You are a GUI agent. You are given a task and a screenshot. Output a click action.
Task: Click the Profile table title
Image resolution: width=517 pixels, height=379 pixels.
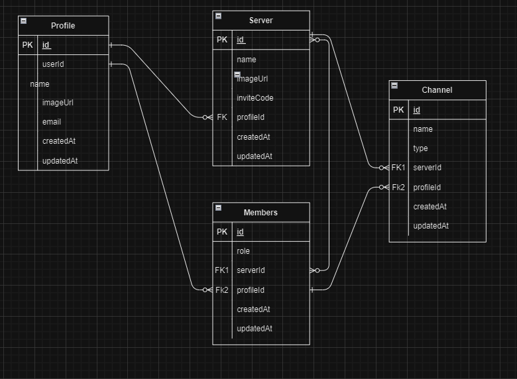click(x=63, y=26)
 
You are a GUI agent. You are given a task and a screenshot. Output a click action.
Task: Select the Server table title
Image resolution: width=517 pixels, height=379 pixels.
click(x=260, y=21)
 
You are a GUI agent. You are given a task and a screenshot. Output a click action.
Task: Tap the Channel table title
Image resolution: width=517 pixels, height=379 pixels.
click(x=437, y=90)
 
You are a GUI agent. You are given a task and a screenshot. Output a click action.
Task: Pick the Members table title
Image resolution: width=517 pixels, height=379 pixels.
click(x=260, y=213)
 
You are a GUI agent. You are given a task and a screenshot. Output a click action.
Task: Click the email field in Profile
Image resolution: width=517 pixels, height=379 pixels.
click(x=52, y=122)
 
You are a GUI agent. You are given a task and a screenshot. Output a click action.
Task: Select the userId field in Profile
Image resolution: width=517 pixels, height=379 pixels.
click(x=53, y=64)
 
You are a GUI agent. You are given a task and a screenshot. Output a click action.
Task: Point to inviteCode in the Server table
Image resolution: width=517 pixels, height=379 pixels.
click(x=255, y=98)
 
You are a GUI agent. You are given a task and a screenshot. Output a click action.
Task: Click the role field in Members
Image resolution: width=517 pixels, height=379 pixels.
click(x=243, y=251)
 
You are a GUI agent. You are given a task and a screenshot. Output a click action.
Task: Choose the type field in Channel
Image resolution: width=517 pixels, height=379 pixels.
click(x=420, y=148)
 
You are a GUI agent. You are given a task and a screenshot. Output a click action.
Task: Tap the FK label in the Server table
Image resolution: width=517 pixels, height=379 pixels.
click(x=222, y=117)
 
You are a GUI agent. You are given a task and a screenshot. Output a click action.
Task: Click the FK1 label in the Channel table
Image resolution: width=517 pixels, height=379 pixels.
click(x=398, y=168)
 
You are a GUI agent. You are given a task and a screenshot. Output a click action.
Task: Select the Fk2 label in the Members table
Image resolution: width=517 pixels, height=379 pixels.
click(x=221, y=290)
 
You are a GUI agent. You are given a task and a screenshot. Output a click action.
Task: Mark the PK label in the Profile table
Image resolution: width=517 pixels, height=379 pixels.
click(x=27, y=45)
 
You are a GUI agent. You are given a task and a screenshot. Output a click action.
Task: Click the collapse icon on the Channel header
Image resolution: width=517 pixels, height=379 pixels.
click(x=394, y=85)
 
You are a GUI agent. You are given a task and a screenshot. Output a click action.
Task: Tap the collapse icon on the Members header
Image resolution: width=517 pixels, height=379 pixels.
click(x=218, y=208)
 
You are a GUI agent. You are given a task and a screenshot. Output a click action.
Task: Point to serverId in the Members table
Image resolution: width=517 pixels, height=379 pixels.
click(x=251, y=270)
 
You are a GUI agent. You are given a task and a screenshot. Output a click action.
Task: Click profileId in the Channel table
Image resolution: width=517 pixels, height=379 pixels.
click(x=427, y=188)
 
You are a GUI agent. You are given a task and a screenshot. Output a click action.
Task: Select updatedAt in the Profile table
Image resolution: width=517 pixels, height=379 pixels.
click(x=60, y=161)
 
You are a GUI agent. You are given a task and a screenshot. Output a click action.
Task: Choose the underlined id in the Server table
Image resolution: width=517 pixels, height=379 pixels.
click(x=241, y=40)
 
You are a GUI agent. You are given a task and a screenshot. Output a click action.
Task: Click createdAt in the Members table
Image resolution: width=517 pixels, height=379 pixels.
click(x=253, y=309)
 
